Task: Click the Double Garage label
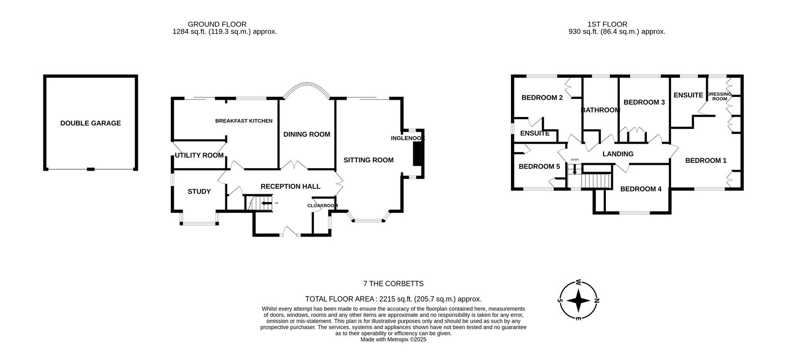[91, 123]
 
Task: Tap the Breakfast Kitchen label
[243, 121]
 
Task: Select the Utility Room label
[199, 155]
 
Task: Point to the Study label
[199, 191]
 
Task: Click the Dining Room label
[306, 134]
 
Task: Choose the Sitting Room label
[368, 160]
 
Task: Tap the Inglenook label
[407, 138]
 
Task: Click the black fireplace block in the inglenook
[417, 154]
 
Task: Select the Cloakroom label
[323, 206]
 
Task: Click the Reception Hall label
[290, 186]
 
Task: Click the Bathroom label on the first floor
[601, 110]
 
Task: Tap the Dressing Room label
[719, 96]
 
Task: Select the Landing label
[618, 154]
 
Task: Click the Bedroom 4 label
[640, 189]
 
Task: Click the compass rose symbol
[579, 300]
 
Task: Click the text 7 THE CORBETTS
[393, 284]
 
